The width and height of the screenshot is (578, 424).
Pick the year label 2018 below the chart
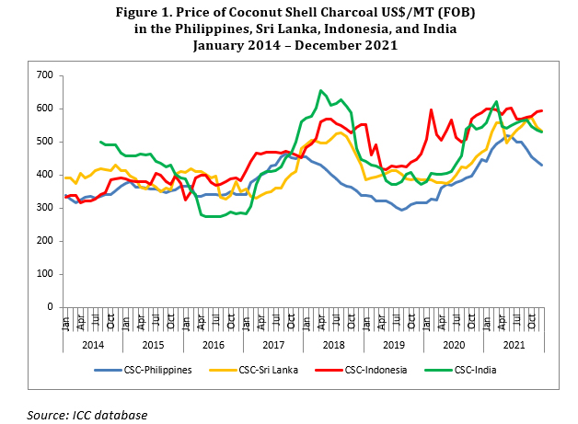coord(333,346)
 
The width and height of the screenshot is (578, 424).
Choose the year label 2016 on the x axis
coord(214,346)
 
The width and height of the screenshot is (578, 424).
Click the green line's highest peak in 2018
coord(320,90)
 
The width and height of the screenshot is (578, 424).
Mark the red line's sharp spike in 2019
coord(432,109)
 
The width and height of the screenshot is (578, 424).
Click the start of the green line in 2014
coord(99,142)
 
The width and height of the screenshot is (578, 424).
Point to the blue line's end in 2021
coord(542,165)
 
